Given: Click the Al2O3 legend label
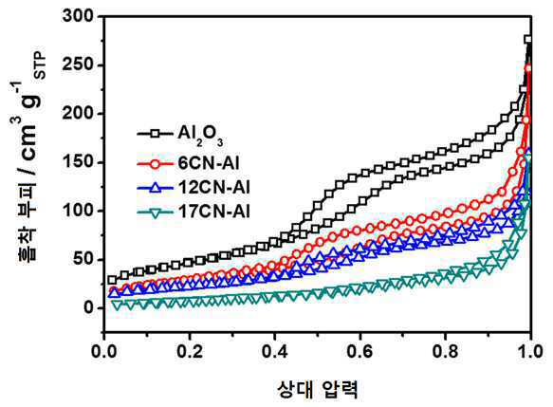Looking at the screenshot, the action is (200, 136).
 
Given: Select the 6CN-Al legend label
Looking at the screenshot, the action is (209, 163).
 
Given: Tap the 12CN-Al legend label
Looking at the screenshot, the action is (214, 187).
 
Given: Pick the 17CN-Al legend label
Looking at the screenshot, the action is (214, 212).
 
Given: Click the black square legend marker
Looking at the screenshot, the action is (155, 134).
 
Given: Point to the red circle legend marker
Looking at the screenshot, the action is (155, 163).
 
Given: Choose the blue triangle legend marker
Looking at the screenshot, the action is (155, 187).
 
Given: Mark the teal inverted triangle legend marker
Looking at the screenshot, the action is (155, 213).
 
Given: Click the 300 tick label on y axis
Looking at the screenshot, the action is (78, 16).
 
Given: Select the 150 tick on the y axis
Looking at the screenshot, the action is (78, 162).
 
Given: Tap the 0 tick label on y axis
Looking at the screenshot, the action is (88, 308).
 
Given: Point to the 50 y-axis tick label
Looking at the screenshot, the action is (83, 260).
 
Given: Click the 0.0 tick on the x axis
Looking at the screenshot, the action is (104, 351).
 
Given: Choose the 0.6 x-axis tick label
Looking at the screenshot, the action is (360, 351).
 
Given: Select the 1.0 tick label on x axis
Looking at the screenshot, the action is (529, 351).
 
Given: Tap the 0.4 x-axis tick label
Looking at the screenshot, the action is (275, 351).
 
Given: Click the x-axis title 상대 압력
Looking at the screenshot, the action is (318, 389).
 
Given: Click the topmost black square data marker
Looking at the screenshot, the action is (527, 40).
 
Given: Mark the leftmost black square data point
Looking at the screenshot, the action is (112, 280).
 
